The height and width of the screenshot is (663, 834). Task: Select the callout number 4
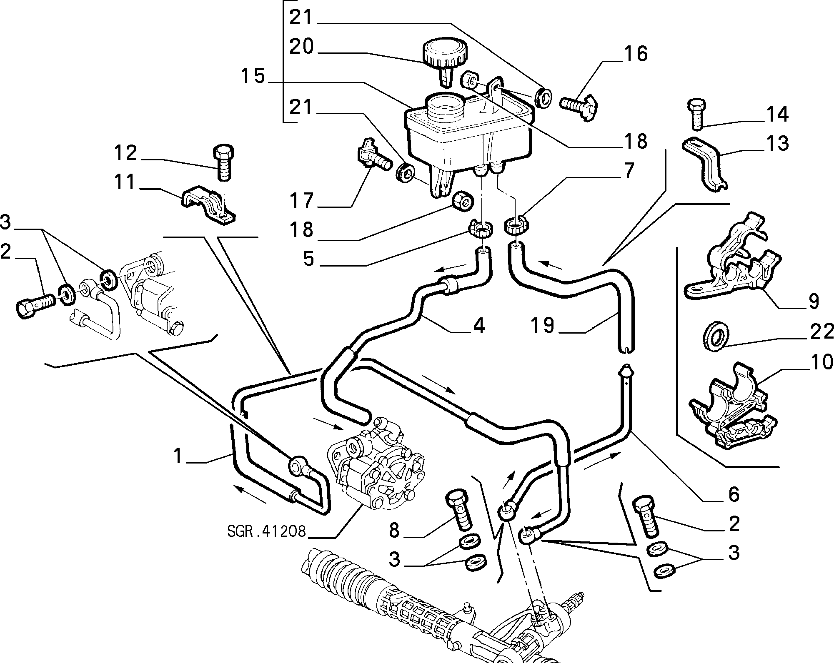[x=479, y=325]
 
